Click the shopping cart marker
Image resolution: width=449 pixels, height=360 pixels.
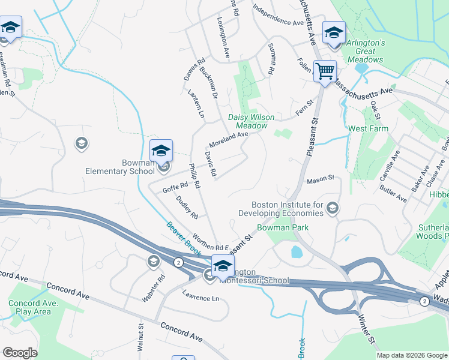325,71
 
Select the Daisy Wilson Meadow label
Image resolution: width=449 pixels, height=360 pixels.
247,121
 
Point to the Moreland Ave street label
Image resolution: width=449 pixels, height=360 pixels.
228,140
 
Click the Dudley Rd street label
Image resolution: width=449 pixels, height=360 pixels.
187,207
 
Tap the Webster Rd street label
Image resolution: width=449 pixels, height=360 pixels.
162,288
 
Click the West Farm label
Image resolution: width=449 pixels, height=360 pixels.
368,128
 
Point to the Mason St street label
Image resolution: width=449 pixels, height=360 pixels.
320,180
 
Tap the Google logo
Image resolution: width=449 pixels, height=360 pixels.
20,353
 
